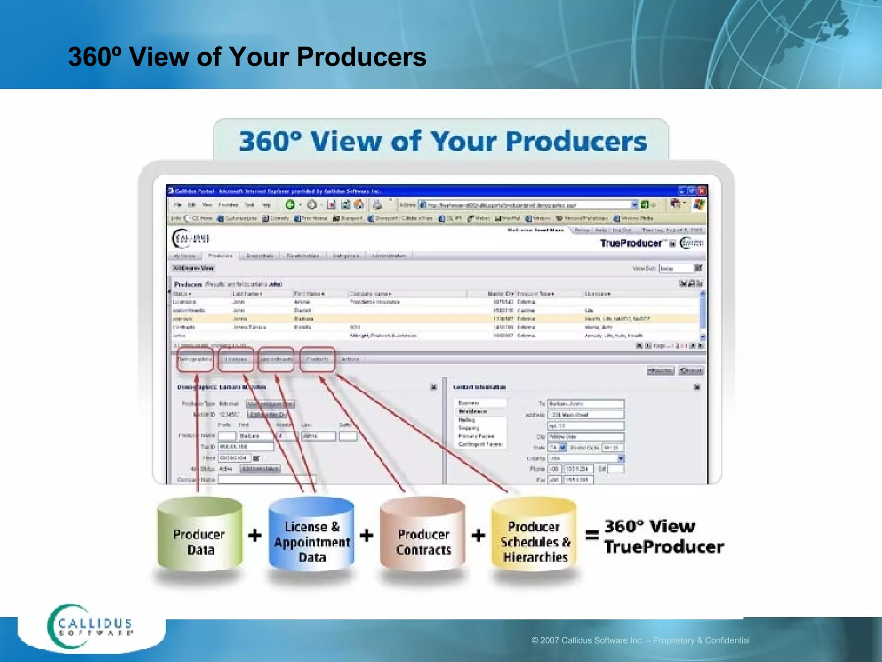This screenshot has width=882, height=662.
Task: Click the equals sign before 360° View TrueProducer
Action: pos(592,535)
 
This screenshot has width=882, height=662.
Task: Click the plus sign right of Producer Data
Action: pos(255,535)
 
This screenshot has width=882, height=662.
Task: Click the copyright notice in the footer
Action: pos(640,640)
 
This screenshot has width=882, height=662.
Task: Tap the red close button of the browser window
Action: pos(702,190)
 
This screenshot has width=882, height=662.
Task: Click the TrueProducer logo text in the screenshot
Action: pos(631,243)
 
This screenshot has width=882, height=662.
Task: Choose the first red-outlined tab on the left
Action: pos(195,359)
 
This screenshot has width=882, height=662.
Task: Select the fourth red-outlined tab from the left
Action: pos(318,359)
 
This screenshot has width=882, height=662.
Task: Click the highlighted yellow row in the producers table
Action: pos(431,319)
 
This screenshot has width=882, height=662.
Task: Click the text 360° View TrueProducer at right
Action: pos(663,537)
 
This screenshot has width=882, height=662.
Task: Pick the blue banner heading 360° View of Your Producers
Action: pos(443,141)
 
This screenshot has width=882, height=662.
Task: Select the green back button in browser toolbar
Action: pos(290,204)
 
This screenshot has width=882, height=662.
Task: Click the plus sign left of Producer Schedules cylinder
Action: pos(478,535)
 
